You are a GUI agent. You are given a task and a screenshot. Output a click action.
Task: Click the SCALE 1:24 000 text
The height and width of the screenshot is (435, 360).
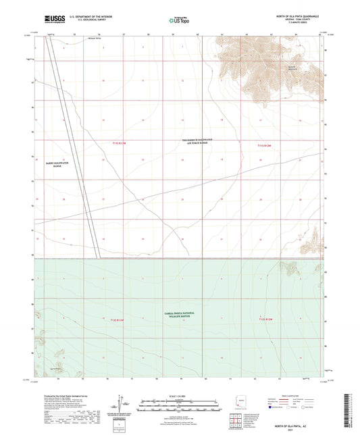tap(178, 396)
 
